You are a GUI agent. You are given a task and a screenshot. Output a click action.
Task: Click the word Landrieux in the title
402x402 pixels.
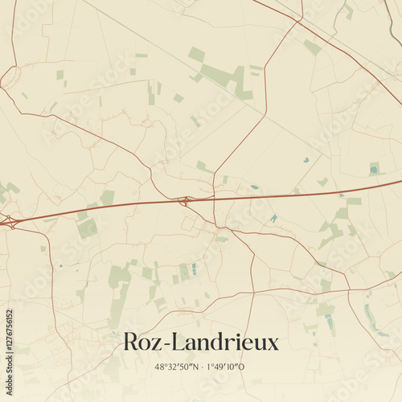[220, 342]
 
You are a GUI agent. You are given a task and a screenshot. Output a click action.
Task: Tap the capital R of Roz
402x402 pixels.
[131, 342]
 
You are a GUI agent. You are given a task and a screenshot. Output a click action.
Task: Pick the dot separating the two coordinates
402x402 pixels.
[202, 367]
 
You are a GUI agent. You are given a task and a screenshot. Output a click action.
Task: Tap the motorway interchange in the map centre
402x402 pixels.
[184, 200]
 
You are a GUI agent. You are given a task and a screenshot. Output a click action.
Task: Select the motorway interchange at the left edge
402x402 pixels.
[8, 219]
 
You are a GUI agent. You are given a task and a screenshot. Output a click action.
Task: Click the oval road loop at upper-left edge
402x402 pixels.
[10, 77]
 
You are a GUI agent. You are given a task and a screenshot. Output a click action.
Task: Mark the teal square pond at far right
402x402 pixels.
[374, 168]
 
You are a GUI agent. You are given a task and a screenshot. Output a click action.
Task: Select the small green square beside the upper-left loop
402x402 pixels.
[59, 75]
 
